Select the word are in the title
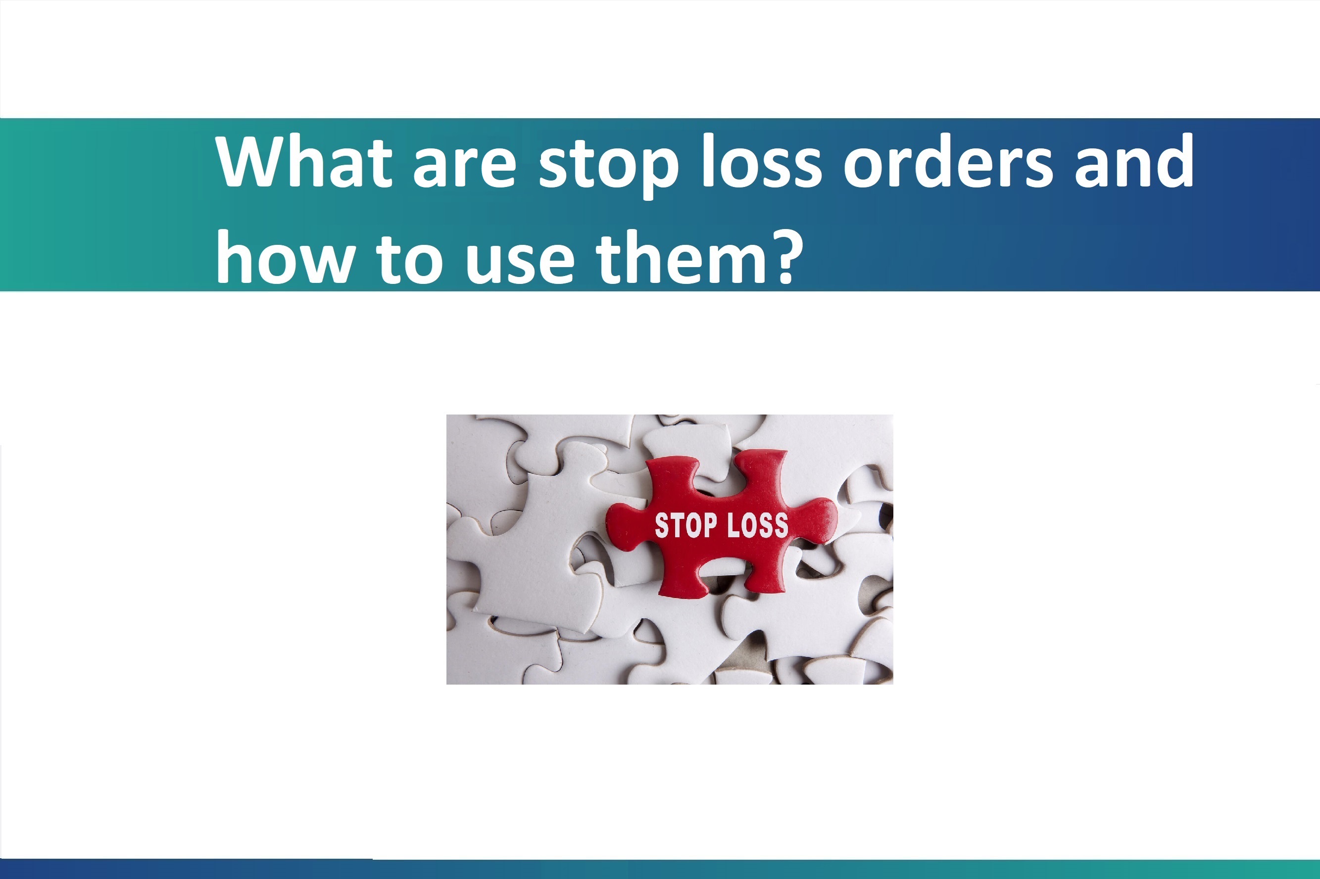pos(464,167)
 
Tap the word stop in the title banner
pos(608,167)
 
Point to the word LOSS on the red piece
pos(758,525)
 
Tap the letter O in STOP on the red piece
pos(693,525)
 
